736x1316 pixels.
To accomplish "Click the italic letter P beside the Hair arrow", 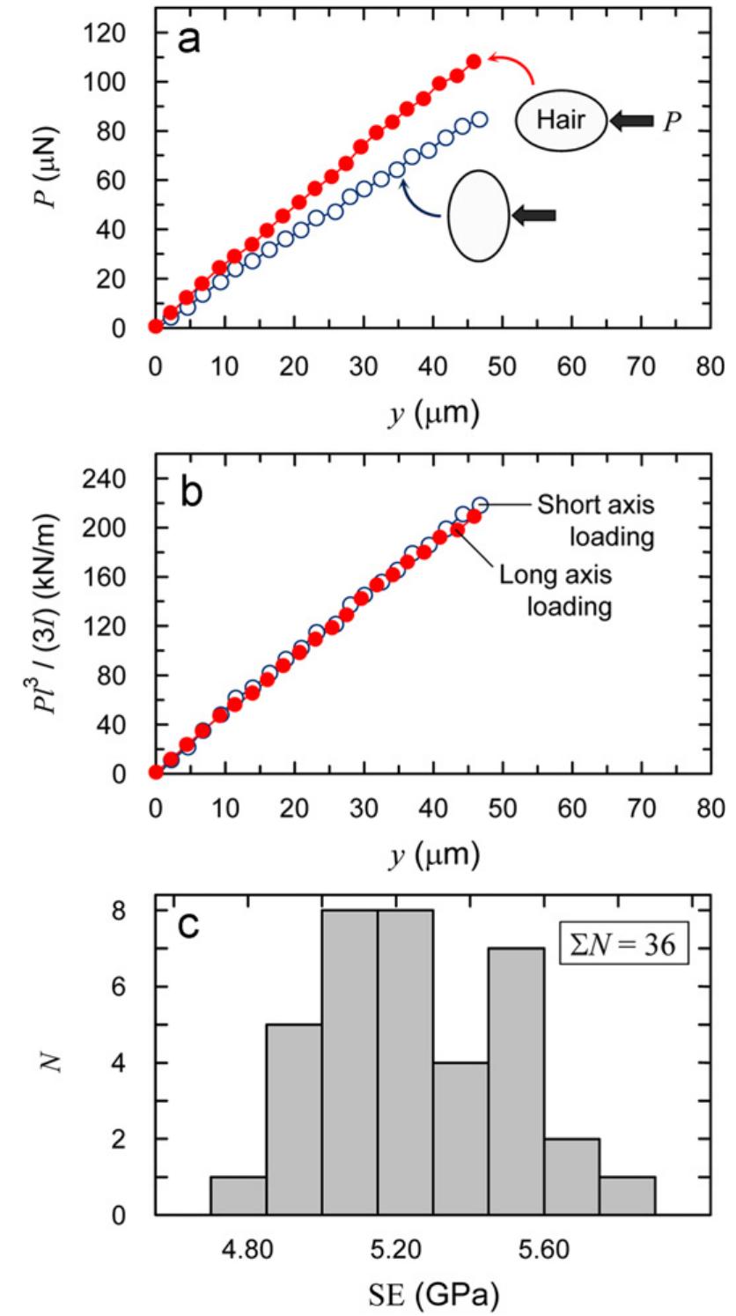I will [672, 121].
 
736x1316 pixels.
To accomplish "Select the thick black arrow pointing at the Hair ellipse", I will [633, 121].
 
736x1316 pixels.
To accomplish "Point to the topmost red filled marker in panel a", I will [474, 62].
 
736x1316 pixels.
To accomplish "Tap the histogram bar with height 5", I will [293, 1120].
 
